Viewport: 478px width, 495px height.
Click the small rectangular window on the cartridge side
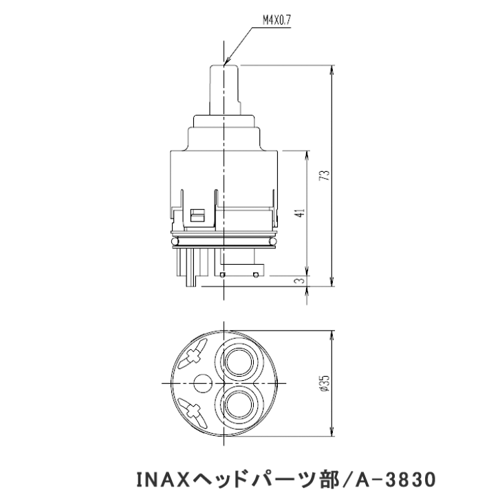click(197, 214)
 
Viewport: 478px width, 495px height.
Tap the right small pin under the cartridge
click(255, 274)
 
